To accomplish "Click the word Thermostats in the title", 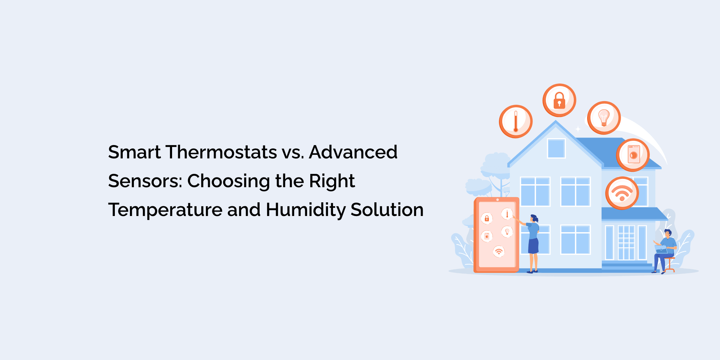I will click(x=221, y=152).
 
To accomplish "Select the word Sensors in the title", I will click(x=145, y=181).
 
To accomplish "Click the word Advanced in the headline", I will click(x=353, y=152).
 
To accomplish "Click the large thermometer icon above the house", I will click(x=516, y=122).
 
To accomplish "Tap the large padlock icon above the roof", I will click(x=559, y=100).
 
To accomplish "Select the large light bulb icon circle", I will click(x=604, y=118).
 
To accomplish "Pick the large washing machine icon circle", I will click(x=633, y=155).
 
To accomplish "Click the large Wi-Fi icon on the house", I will click(x=622, y=193).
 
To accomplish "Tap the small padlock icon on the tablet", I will click(x=487, y=218).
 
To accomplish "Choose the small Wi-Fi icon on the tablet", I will click(x=499, y=251).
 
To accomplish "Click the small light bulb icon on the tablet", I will click(x=507, y=231).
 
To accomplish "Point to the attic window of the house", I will click(x=556, y=148).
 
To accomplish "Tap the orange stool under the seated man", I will click(x=669, y=265).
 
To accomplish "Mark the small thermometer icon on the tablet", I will click(x=507, y=214).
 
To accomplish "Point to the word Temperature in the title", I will click(x=165, y=210).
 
